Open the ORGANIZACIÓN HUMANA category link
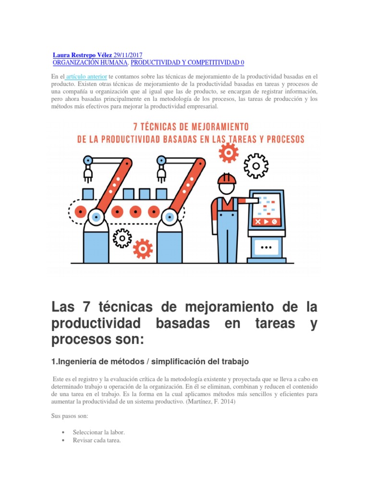pyautogui.click(x=90, y=63)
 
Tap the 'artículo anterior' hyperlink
pyautogui.click(x=86, y=76)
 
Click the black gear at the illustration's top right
pyautogui.click(x=256, y=166)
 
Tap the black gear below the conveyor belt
pyautogui.click(x=123, y=237)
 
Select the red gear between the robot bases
pyautogui.click(x=143, y=248)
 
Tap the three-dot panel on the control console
pyautogui.click(x=266, y=248)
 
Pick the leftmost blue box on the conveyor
pyautogui.click(x=88, y=194)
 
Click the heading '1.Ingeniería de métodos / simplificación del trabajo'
pyautogui.click(x=150, y=361)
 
